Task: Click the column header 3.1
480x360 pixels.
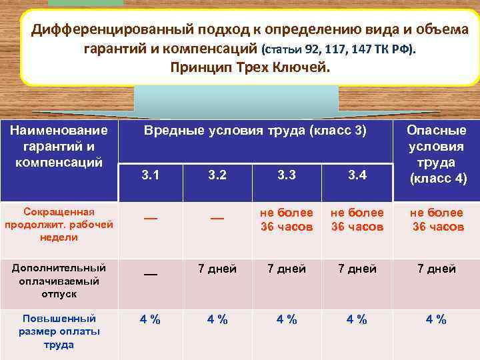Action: click(151, 176)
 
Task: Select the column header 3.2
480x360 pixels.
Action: click(217, 176)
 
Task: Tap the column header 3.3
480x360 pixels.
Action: click(287, 176)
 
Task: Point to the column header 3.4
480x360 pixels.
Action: click(357, 176)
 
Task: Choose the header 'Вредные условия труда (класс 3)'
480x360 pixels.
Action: click(255, 131)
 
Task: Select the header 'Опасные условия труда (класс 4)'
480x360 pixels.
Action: click(437, 154)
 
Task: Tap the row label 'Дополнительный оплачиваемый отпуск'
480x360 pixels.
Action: click(59, 279)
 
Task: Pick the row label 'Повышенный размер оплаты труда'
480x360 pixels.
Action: click(59, 331)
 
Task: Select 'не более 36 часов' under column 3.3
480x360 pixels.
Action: click(287, 219)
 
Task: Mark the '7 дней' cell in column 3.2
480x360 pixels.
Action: click(217, 269)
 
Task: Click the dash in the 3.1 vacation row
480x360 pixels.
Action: click(151, 272)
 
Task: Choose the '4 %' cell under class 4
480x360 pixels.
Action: click(437, 319)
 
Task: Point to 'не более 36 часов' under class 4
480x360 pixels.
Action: click(437, 219)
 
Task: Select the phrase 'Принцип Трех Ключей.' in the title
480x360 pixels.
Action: click(250, 67)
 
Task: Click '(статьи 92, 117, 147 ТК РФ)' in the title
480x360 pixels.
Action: click(338, 49)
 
